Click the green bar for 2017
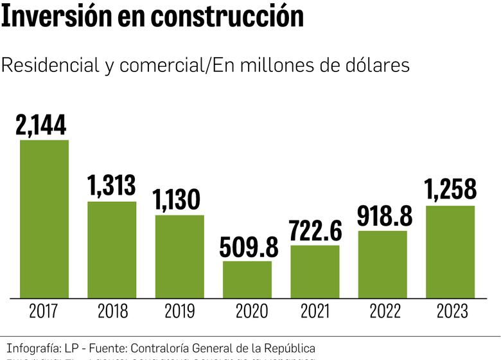[x=44, y=219]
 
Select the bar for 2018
[x=112, y=249]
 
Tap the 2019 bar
[x=180, y=256]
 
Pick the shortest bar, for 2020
[x=247, y=280]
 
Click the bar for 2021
[x=315, y=272]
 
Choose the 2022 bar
[x=383, y=264]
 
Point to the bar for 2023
[x=450, y=252]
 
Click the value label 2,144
[x=42, y=125]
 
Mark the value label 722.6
[x=315, y=230]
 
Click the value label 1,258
[x=450, y=190]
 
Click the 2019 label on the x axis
[x=180, y=312]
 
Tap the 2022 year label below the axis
[x=384, y=312]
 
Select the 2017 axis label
[x=44, y=312]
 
